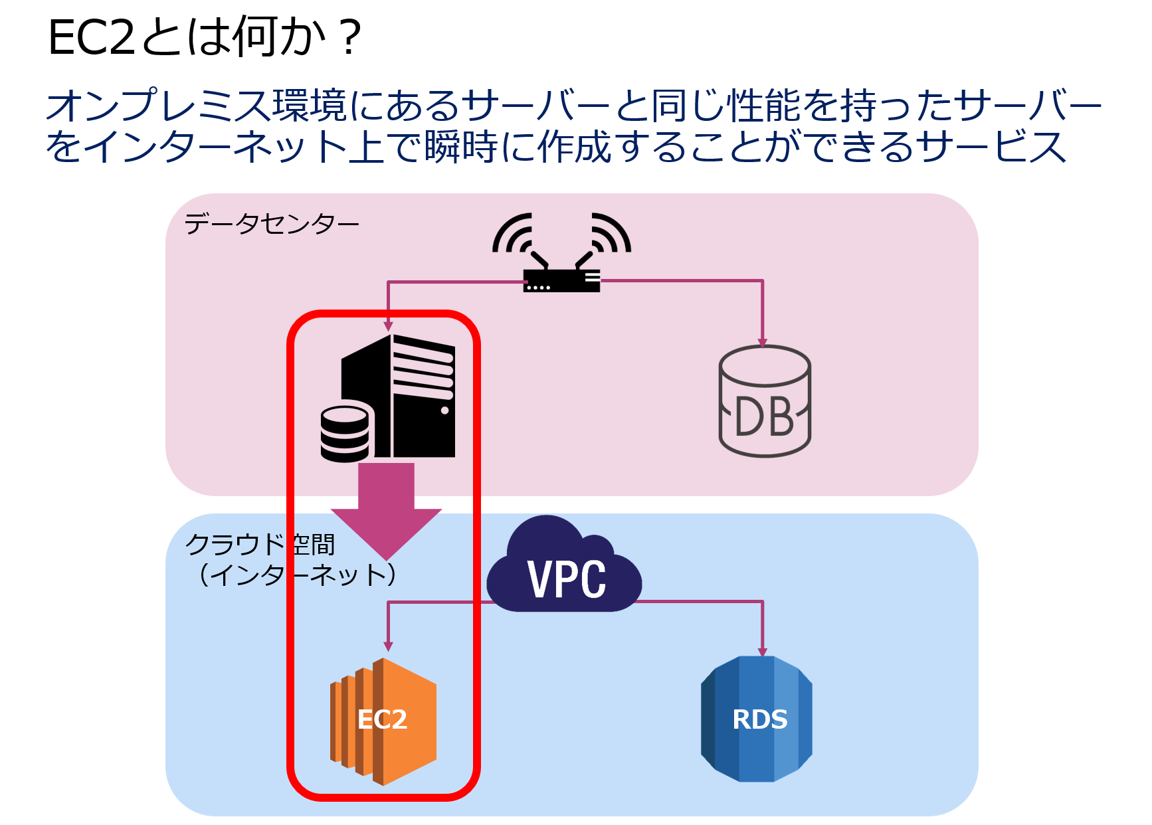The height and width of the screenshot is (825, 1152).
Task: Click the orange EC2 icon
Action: pyautogui.click(x=384, y=721)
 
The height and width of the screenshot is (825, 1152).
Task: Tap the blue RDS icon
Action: pyautogui.click(x=757, y=719)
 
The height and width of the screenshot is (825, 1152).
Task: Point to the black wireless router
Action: pyautogui.click(x=561, y=280)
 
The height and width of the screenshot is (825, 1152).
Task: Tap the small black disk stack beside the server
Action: pyautogui.click(x=345, y=434)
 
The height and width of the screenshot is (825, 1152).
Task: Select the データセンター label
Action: pyautogui.click(x=272, y=225)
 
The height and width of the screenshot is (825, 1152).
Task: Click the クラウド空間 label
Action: pyautogui.click(x=260, y=545)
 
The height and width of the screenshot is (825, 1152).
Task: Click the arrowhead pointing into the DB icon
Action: pyautogui.click(x=763, y=343)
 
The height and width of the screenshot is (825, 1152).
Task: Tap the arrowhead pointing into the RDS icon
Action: pyautogui.click(x=763, y=652)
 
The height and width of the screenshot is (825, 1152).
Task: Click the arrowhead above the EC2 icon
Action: pyautogui.click(x=389, y=646)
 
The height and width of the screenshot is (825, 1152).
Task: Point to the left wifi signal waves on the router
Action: pyautogui.click(x=513, y=234)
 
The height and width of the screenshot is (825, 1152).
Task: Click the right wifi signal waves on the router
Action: pyautogui.click(x=611, y=234)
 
